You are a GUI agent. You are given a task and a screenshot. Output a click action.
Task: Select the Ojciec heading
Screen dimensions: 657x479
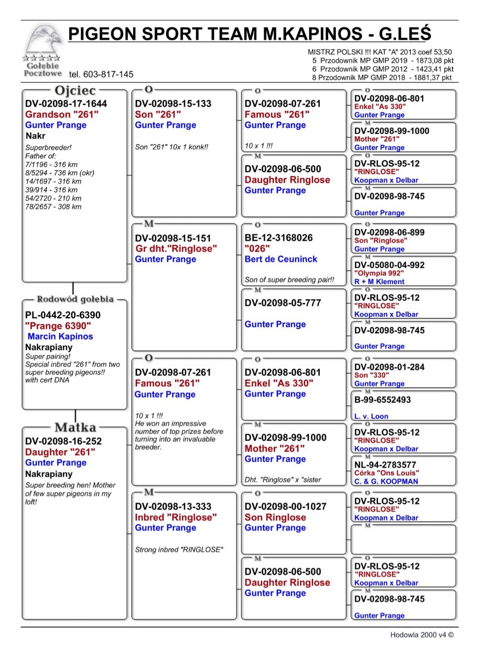coord(75,90)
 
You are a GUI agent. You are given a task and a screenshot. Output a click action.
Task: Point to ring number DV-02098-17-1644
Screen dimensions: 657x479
coord(66,104)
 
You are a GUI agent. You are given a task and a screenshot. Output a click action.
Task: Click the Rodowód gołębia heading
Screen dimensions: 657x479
coord(75,299)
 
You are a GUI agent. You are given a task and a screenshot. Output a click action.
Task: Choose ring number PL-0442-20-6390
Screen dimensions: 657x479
coord(63,315)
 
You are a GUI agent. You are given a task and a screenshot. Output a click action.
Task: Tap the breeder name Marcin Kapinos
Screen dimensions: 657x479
coord(60,336)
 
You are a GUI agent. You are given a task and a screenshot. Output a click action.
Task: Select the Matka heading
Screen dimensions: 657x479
coord(75,427)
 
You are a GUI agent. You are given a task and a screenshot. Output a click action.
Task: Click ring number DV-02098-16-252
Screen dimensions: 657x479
coord(63,441)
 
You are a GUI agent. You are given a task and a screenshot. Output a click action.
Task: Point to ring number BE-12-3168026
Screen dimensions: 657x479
coord(279,238)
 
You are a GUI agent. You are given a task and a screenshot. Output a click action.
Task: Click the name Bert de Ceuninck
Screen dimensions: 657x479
coord(281,259)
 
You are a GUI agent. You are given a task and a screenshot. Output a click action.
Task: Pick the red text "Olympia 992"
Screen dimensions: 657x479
coord(379,273)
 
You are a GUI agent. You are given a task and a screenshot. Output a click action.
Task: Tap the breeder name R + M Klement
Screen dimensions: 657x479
coord(379,282)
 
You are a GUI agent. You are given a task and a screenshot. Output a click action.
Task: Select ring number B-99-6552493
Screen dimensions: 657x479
coord(382,400)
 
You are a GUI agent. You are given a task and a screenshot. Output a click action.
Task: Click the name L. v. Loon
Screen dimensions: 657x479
coord(371,416)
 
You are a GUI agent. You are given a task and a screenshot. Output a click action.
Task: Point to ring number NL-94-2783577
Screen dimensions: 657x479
coord(385,465)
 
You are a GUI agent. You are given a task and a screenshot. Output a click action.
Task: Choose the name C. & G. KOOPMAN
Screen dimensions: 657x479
coord(386,481)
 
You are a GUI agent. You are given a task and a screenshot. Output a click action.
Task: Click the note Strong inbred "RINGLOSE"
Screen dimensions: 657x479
coord(179,550)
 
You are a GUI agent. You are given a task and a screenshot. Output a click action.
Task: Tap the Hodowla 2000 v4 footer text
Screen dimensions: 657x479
coord(422,635)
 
